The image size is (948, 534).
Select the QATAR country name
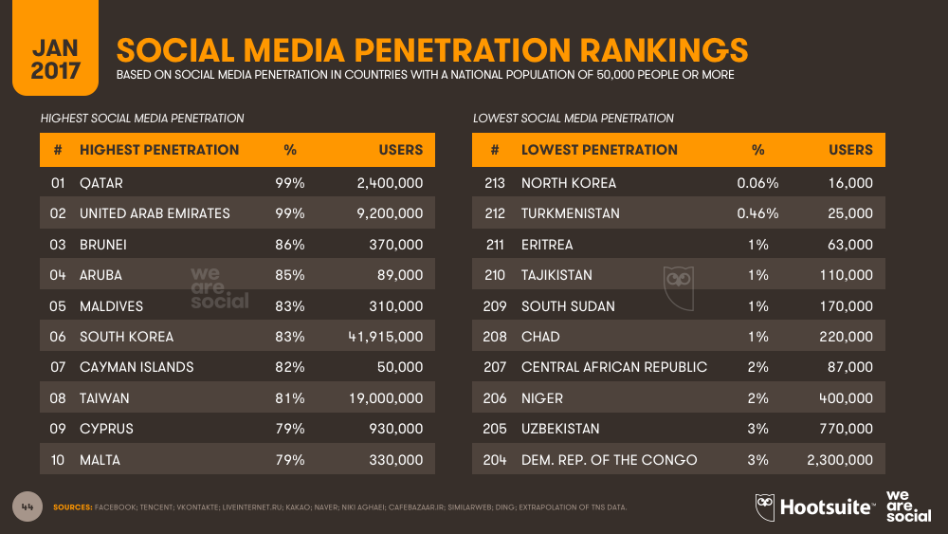click(101, 183)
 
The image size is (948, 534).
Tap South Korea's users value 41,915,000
click(385, 337)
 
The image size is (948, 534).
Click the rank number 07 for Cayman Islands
click(58, 367)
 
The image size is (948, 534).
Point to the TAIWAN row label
click(104, 398)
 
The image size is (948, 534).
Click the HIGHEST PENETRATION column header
click(159, 150)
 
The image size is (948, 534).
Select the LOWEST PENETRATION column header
click(599, 150)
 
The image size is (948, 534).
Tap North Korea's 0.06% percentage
click(757, 183)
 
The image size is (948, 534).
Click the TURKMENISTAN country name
click(571, 213)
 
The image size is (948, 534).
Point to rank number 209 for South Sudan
click(495, 306)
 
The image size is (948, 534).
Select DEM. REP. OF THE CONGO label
click(609, 460)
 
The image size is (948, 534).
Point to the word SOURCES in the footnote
click(72, 507)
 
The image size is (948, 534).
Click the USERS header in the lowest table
click(850, 150)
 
